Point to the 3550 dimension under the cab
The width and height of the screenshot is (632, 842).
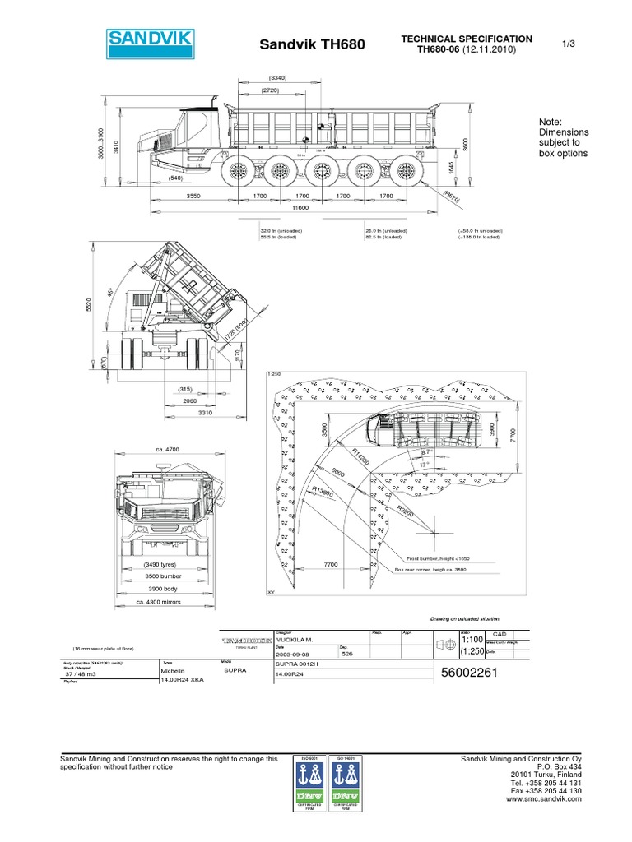tap(194, 197)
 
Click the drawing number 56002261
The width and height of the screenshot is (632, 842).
tap(470, 673)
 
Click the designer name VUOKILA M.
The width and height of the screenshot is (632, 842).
tap(298, 639)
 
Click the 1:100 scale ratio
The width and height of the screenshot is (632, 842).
tap(472, 639)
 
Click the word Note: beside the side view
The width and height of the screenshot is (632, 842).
tap(550, 121)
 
